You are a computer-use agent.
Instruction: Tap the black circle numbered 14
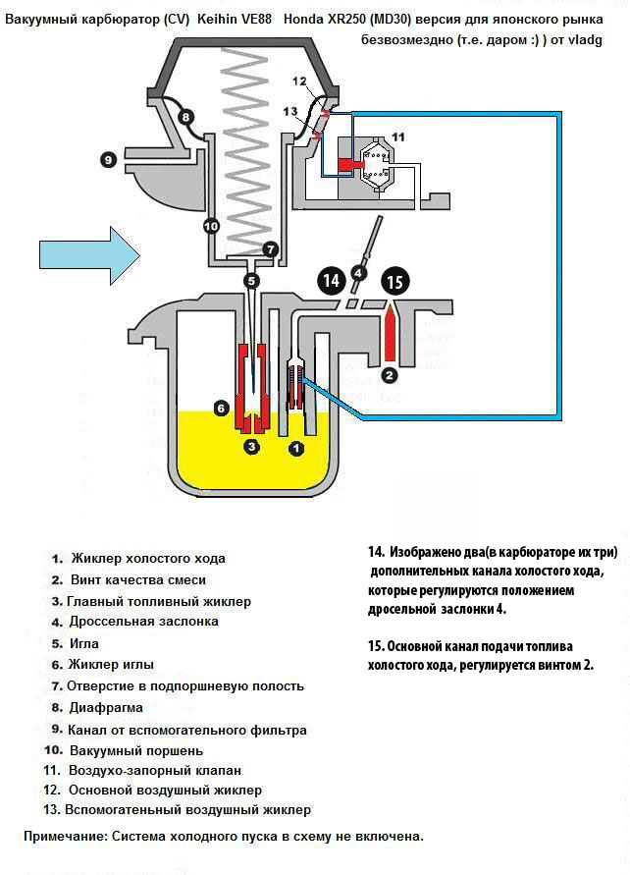coord(332,281)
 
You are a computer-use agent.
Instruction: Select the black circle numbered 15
coord(394,281)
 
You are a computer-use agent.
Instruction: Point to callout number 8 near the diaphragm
coord(184,118)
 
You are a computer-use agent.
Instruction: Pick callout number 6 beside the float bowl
coord(222,407)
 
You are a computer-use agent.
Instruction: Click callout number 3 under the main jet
coord(252,446)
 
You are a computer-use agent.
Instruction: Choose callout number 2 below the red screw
coord(390,374)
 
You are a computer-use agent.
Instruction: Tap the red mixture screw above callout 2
coord(390,332)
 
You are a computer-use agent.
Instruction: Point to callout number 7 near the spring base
coord(271,249)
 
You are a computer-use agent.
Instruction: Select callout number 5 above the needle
coord(252,281)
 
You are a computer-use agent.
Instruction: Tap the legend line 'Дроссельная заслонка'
coord(143,622)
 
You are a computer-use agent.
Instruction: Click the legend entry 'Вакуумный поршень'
coord(136,750)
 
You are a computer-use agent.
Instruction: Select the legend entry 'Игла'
coord(87,643)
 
